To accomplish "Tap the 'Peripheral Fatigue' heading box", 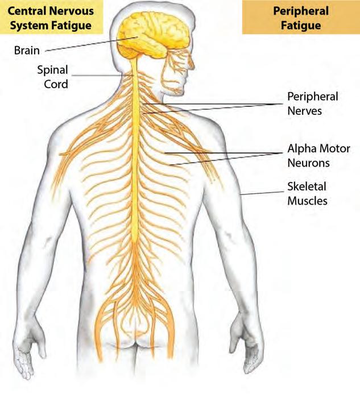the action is [300, 18].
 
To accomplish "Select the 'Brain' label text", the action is [27, 50].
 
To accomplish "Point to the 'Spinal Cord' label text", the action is [53, 77].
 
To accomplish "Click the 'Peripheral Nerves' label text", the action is [312, 103].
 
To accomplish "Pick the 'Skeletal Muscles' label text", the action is [307, 193].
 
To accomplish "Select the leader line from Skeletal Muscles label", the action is [262, 192].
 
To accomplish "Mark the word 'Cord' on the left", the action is [56, 84].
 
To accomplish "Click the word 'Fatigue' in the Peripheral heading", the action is [300, 25].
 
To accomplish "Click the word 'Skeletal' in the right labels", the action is [307, 187].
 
